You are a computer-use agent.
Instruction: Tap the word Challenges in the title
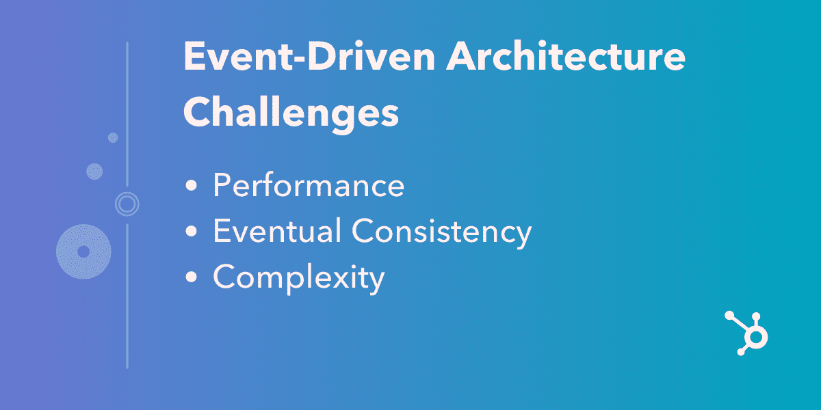[291, 111]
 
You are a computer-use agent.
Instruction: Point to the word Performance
[308, 187]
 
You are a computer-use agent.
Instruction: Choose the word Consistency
[442, 232]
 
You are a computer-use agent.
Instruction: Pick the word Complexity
[298, 279]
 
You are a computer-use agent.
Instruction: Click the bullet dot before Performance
[193, 187]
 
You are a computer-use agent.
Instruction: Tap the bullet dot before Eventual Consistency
[193, 232]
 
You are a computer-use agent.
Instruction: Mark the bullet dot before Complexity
[193, 278]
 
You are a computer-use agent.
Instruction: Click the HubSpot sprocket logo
[747, 333]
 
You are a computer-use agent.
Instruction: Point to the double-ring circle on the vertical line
[127, 203]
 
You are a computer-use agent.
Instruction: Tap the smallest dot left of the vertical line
[113, 137]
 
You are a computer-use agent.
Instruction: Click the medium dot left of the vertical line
[94, 171]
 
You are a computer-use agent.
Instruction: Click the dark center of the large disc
[83, 251]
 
